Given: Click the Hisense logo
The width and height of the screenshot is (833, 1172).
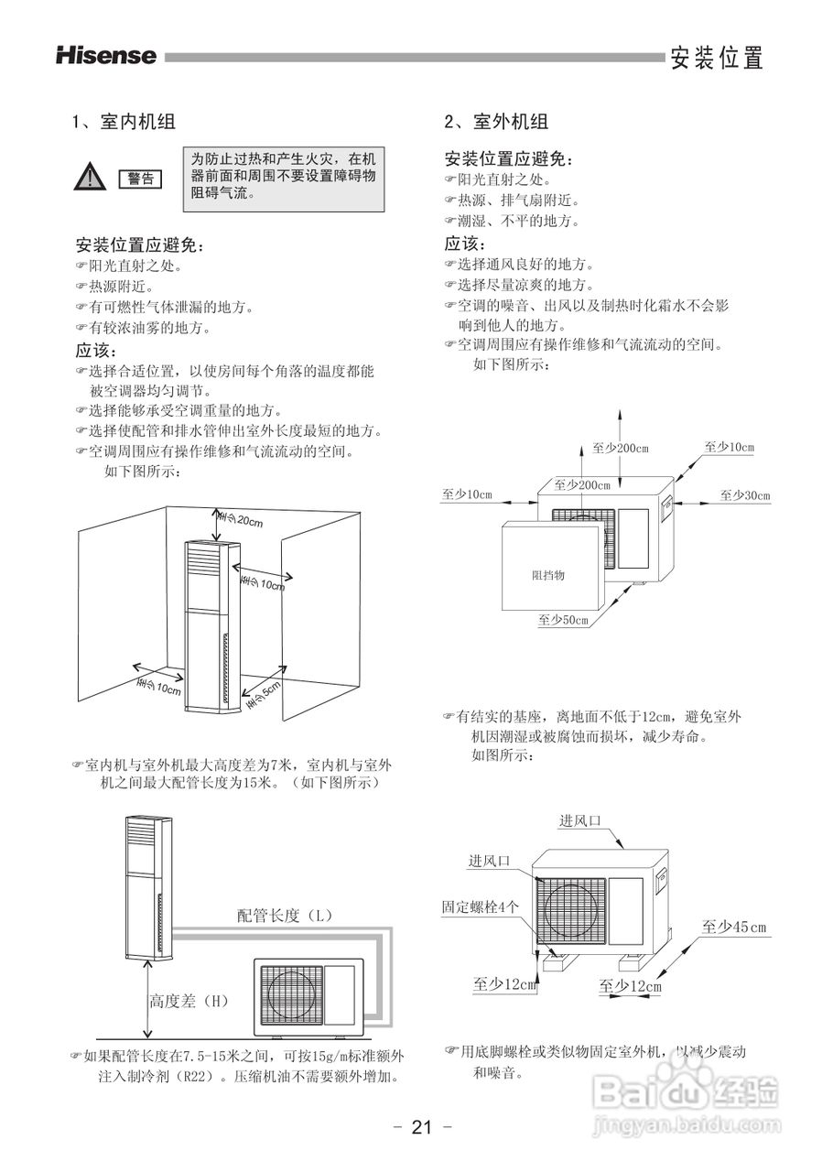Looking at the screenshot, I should tap(106, 56).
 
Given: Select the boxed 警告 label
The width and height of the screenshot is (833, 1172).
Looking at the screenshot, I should tap(139, 179).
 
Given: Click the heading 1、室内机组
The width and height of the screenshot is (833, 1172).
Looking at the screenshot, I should tap(124, 122).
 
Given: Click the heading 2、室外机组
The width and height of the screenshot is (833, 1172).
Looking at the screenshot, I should tap(496, 122).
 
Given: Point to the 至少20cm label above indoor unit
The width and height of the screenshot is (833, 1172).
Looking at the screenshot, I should tap(241, 520).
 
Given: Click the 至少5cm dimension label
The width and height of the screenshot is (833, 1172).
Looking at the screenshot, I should tap(263, 693).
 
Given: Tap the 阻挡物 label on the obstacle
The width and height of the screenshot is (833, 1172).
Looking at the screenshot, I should tap(548, 575).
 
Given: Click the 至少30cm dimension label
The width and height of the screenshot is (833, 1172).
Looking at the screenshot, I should tap(744, 495).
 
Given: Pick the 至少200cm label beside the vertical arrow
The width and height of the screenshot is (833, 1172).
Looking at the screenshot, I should tap(620, 448).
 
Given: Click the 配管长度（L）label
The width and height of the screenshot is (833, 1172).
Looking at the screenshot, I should tap(284, 915).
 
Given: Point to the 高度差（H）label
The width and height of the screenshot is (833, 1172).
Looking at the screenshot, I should tap(189, 1001).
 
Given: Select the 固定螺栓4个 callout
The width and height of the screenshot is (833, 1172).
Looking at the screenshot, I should tap(481, 906).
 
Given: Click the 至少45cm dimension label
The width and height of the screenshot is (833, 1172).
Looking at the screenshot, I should tap(734, 928).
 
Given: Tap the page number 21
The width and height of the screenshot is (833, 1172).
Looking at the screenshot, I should tap(421, 1127).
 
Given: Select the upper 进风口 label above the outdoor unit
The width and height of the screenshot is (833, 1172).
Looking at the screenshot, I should tap(580, 820).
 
